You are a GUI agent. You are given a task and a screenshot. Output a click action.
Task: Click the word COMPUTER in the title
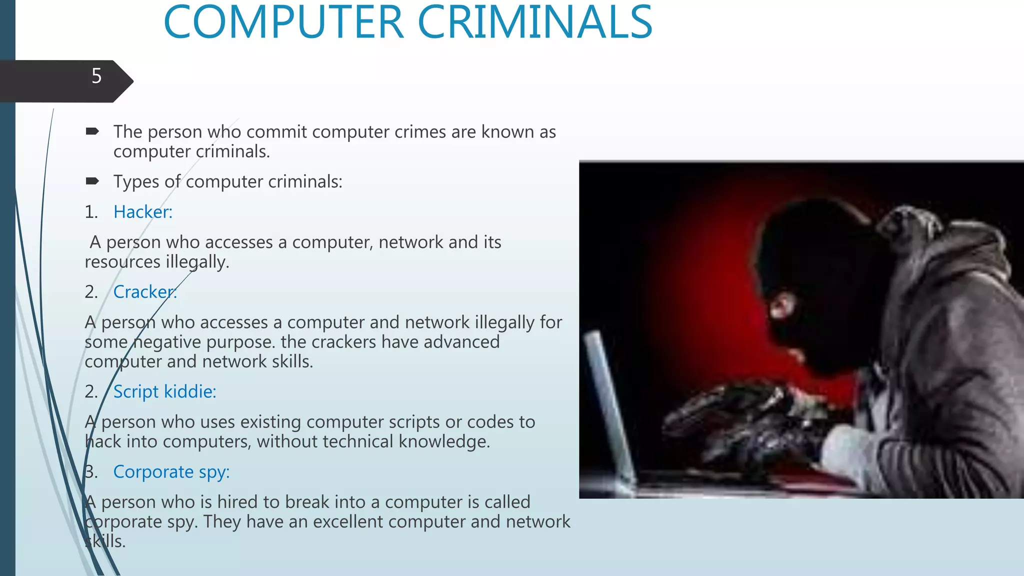(283, 22)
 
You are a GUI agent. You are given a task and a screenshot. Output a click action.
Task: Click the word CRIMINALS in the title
(534, 22)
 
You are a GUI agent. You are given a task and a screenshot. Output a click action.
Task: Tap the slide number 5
(96, 76)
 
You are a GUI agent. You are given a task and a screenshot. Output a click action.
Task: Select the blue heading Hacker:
(143, 212)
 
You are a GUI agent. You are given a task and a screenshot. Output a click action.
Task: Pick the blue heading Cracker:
(145, 292)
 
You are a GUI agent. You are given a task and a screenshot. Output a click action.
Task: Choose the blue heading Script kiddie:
(164, 391)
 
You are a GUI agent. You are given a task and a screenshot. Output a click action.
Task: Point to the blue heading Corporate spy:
(171, 471)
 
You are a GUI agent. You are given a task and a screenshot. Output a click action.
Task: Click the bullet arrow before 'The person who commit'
(92, 131)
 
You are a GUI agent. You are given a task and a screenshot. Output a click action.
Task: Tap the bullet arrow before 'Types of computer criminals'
(92, 181)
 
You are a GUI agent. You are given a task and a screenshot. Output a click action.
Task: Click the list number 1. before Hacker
(91, 212)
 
